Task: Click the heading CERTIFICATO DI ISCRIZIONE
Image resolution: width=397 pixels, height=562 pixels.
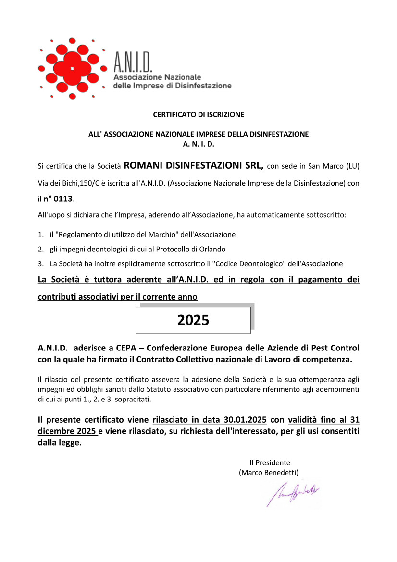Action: pyautogui.click(x=198, y=115)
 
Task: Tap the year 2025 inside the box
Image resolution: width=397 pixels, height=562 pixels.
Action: pyautogui.click(x=193, y=320)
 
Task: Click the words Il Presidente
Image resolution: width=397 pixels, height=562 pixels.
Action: pyautogui.click(x=270, y=462)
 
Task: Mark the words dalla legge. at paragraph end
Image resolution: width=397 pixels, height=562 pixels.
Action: pyautogui.click(x=60, y=443)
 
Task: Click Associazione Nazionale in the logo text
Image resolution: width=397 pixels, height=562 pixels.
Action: pyautogui.click(x=157, y=77)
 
